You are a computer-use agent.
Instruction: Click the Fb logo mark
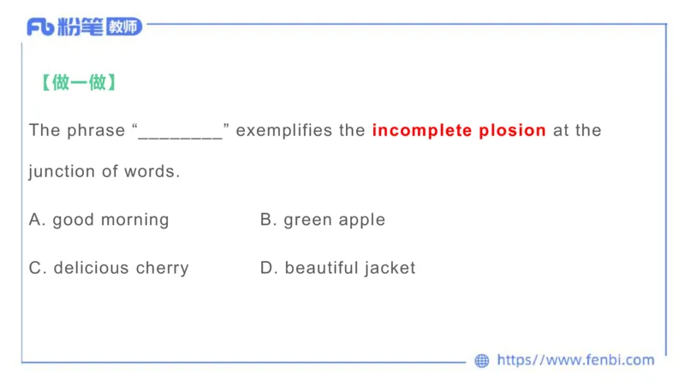click(40, 27)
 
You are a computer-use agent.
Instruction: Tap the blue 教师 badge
click(124, 27)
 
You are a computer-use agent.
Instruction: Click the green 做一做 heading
click(79, 82)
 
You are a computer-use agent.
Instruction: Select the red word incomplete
click(422, 130)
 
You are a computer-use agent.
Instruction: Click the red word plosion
click(512, 130)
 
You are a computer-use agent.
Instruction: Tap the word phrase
click(96, 130)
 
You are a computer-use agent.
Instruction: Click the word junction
click(62, 172)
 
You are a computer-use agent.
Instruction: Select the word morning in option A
click(135, 220)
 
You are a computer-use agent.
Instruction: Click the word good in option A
click(74, 220)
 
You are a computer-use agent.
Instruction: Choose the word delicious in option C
click(91, 268)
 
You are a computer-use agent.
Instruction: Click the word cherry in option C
click(162, 268)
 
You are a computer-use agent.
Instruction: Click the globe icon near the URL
click(482, 360)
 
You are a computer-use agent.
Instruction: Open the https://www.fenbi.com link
click(575, 359)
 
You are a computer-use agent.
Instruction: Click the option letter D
click(266, 268)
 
